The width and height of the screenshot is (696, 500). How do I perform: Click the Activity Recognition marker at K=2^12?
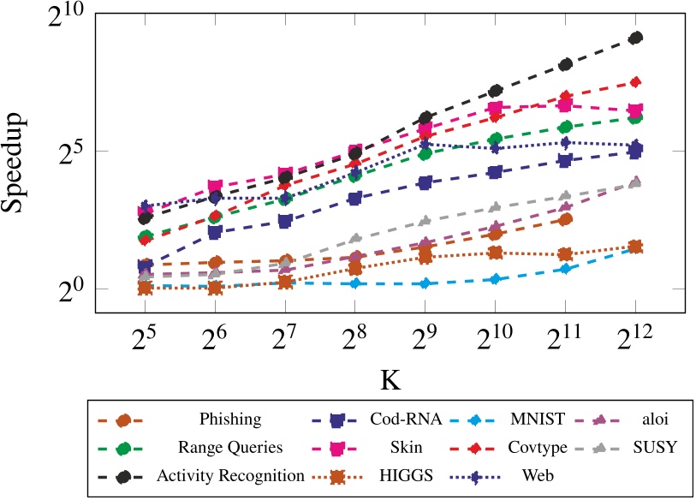635,38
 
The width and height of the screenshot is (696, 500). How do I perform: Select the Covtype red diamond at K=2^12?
635,81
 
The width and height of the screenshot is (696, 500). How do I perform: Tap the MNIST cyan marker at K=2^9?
425,283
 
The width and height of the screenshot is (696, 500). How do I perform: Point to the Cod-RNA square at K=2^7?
285,221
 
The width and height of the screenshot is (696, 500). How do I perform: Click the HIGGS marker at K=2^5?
146,288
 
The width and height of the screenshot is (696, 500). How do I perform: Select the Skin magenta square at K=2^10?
495,108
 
